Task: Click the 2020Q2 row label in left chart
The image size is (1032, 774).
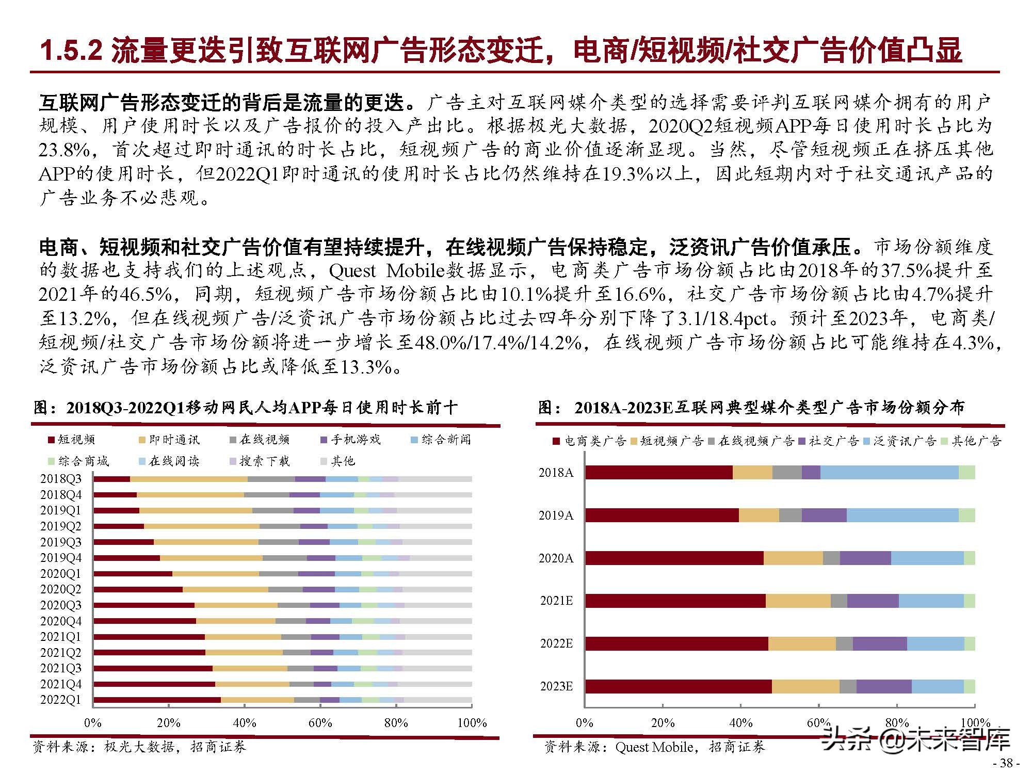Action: [x=61, y=589]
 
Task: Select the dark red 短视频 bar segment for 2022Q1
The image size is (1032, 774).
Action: [x=157, y=700]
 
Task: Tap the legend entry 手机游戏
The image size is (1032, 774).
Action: [x=355, y=440]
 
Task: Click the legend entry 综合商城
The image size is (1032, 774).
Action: [x=83, y=461]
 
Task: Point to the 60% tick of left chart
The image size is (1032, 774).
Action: [x=320, y=723]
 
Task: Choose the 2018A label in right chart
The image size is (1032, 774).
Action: [x=556, y=473]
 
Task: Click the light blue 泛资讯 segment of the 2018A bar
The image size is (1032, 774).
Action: [x=889, y=473]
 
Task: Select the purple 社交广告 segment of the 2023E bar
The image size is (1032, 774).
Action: [x=884, y=686]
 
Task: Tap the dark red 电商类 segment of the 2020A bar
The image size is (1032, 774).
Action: [x=674, y=558]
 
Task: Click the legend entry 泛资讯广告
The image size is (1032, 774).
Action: [x=904, y=441]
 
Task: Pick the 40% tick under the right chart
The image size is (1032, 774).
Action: [x=740, y=723]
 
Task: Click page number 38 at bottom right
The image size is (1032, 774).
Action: [x=1006, y=763]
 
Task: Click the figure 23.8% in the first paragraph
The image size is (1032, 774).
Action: [x=64, y=150]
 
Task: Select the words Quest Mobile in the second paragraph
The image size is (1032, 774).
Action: [x=386, y=270]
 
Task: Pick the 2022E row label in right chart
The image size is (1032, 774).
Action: [x=556, y=643]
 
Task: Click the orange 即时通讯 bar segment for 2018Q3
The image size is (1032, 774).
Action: [x=188, y=479]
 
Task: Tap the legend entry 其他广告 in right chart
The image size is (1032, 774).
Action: [x=976, y=441]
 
